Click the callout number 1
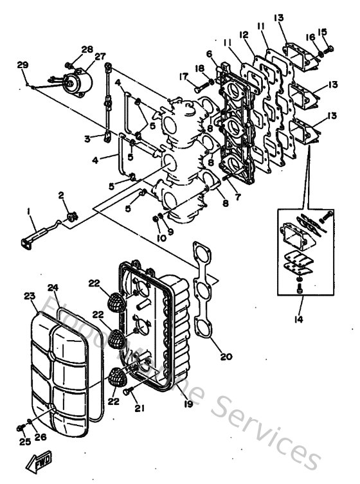coord(28,211)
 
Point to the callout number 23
coord(30,296)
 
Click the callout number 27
coord(100,57)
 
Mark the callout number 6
coord(210,53)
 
